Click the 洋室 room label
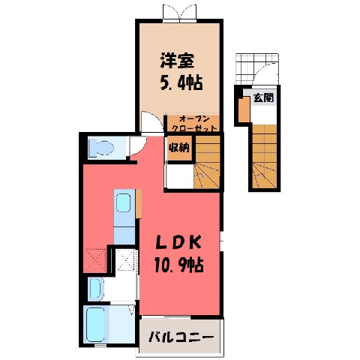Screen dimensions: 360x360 (177, 60)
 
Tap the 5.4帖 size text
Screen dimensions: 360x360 (181, 82)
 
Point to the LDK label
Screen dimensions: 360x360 (178, 242)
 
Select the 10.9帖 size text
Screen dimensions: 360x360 (179, 265)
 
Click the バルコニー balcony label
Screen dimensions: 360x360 (181, 337)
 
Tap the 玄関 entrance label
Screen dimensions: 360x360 (263, 97)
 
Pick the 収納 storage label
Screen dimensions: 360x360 (179, 148)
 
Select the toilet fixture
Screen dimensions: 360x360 (102, 148)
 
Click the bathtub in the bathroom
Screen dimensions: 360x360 (95, 324)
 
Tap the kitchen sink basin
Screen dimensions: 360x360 (123, 202)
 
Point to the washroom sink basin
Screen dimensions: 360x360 (96, 289)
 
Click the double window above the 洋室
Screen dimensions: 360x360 (179, 12)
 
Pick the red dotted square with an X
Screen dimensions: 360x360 (95, 260)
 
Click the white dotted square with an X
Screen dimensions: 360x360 (127, 259)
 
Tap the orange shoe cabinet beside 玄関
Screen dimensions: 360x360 (244, 109)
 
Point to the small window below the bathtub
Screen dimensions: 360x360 (100, 346)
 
